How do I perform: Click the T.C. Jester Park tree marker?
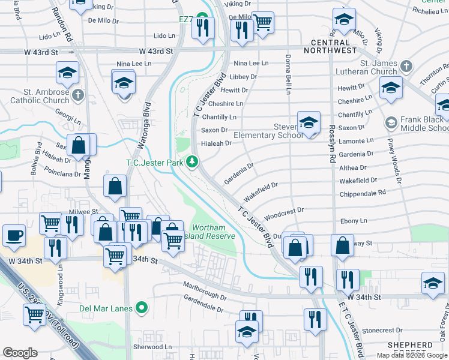192,161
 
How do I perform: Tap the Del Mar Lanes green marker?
142,308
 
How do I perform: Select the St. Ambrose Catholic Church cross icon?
78,95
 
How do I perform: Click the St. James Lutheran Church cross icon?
406,65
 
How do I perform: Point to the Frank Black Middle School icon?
391,124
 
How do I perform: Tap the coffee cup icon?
14,235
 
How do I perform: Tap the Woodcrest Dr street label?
285,212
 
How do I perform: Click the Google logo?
20,352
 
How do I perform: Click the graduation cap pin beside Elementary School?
309,123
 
